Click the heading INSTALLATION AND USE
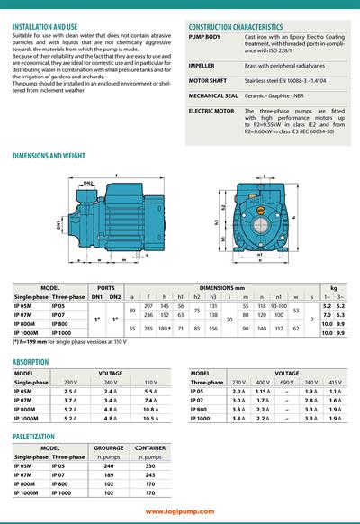pos(51,27)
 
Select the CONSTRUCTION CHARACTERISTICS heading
pos(242,27)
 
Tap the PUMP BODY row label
pos(206,36)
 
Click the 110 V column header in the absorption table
pos(150,383)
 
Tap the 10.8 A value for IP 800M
pos(150,410)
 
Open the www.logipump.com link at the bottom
pos(179,510)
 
